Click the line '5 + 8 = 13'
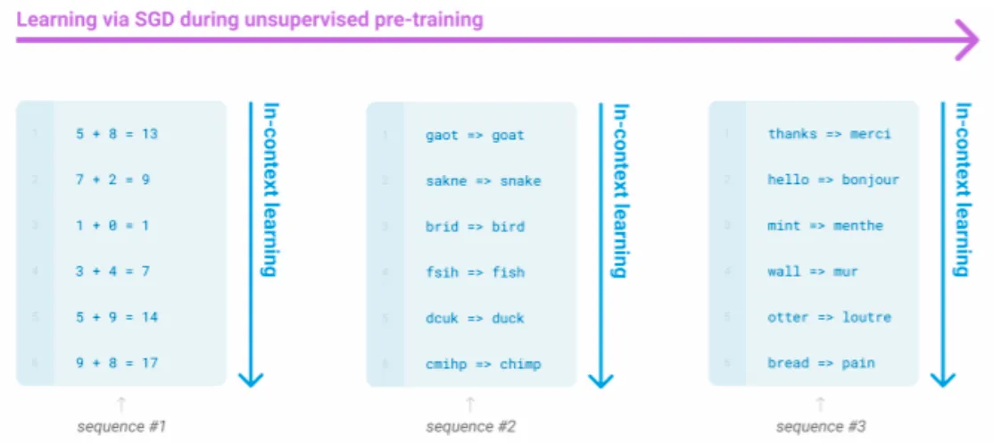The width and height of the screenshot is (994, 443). (x=117, y=134)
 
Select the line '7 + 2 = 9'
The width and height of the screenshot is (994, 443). (x=113, y=180)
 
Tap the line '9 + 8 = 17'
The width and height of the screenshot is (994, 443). (x=117, y=364)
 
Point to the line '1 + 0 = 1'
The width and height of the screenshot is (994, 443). (x=113, y=226)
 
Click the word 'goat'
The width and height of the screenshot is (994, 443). (x=508, y=136)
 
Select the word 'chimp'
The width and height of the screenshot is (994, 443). (x=520, y=364)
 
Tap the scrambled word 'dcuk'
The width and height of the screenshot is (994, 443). (x=442, y=318)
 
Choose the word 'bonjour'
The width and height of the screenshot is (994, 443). (x=870, y=180)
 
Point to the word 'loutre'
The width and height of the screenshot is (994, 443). (x=866, y=317)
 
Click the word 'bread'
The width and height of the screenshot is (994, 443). (x=787, y=364)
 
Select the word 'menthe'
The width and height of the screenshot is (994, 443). (x=857, y=226)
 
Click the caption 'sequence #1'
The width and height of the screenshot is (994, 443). (x=121, y=427)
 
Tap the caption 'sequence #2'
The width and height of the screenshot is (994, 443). (x=470, y=427)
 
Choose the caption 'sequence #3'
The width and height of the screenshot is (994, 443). (x=821, y=427)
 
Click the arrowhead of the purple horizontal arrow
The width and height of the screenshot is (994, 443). (x=967, y=40)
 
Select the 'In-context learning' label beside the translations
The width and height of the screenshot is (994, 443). (x=962, y=188)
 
